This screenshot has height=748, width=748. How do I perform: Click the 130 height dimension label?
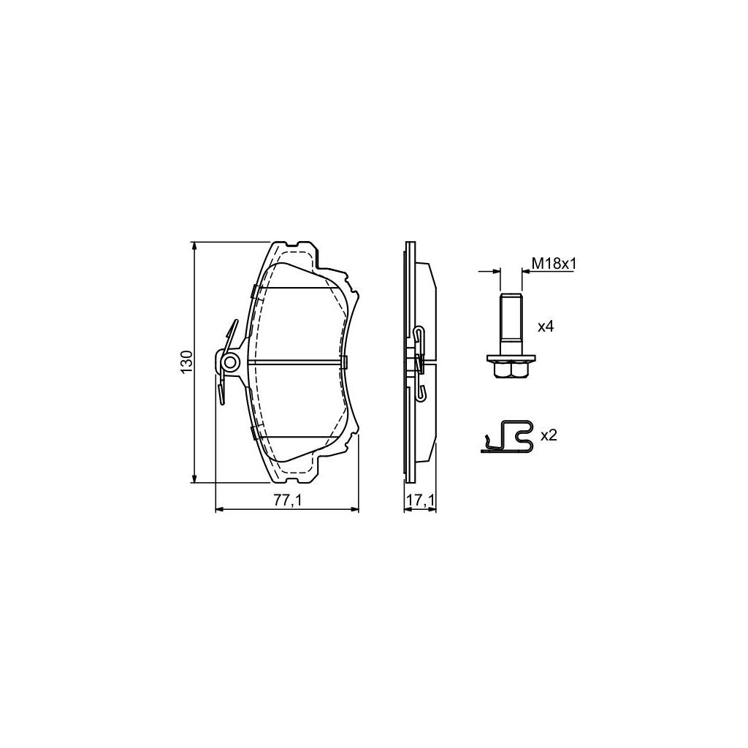[x=187, y=362]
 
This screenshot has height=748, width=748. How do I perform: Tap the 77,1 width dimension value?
[x=287, y=500]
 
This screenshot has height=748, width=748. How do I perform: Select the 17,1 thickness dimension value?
[x=421, y=500]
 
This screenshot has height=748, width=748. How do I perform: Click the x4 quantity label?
[x=546, y=327]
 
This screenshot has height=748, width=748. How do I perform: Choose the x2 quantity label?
[x=548, y=435]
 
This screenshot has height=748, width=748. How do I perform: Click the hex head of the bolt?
[x=511, y=371]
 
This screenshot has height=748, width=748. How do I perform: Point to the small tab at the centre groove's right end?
[x=346, y=362]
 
